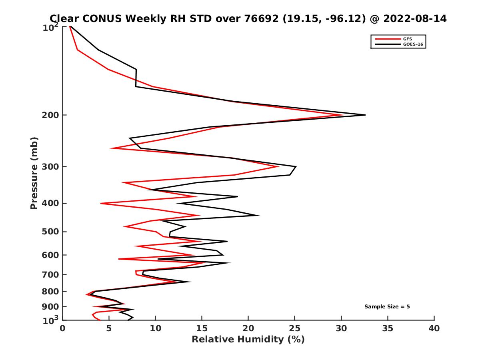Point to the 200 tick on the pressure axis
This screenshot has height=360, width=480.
[x=51, y=115]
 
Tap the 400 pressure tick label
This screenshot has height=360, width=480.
[x=51, y=203]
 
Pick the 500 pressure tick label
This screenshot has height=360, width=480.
[x=51, y=232]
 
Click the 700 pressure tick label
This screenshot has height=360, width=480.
[x=51, y=274]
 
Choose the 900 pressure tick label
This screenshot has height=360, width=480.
[x=51, y=307]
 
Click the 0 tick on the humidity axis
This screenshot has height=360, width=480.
[x=63, y=328]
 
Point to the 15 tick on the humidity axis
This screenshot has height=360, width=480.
[x=202, y=328]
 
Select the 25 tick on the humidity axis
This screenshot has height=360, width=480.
[x=295, y=328]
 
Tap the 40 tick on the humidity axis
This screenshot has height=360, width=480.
[x=434, y=328]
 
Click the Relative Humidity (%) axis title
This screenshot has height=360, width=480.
[x=248, y=340]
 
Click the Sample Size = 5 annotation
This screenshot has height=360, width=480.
[x=387, y=307]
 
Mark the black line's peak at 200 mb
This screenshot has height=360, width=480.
[x=365, y=115]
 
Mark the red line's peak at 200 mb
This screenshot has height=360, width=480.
[x=343, y=115]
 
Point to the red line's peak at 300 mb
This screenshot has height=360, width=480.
[x=278, y=166]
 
